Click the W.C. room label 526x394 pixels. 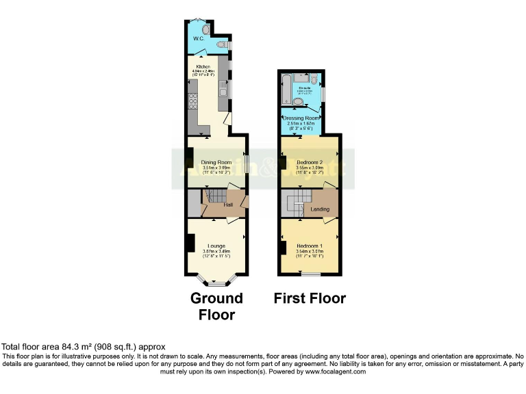pos(198,39)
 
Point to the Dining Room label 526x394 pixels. pos(214,162)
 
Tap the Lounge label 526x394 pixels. pos(217,246)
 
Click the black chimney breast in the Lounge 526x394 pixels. pos(190,244)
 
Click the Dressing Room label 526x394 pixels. pos(302,118)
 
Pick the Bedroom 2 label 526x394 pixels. pos(310,162)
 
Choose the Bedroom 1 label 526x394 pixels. pos(310,246)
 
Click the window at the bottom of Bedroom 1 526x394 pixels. pos(311,275)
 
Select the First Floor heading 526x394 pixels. pos(310,298)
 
